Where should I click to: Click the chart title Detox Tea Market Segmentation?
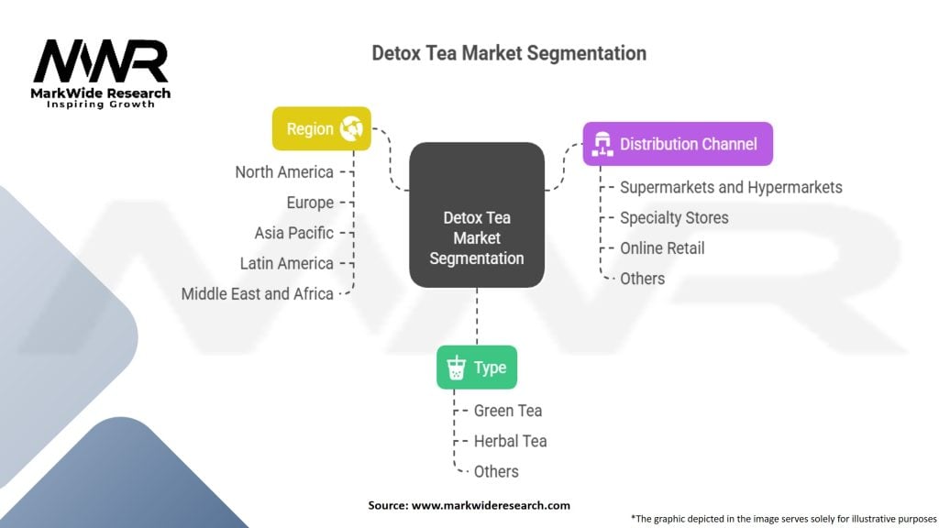[x=509, y=53]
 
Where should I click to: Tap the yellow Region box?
[x=321, y=129]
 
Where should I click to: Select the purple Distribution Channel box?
[x=678, y=144]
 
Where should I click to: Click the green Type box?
[x=476, y=368]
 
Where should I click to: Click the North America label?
[x=284, y=172]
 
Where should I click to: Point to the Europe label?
[x=310, y=203]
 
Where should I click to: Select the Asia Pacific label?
[x=294, y=233]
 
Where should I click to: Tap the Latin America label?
[x=286, y=263]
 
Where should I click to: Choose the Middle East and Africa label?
[x=258, y=293]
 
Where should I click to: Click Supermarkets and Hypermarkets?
[x=731, y=187]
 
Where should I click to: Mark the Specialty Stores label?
[x=674, y=217]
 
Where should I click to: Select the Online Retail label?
[x=662, y=247]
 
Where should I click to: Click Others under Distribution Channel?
[x=642, y=278]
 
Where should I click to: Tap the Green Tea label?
[x=508, y=411]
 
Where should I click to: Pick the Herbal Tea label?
[x=510, y=441]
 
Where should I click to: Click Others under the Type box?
[x=496, y=471]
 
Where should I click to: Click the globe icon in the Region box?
[x=351, y=129]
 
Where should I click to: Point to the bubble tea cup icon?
[x=455, y=368]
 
